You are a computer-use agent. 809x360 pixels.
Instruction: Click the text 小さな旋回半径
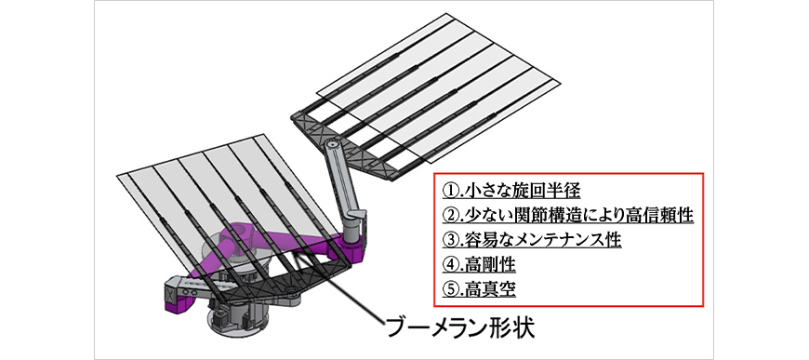click(x=522, y=191)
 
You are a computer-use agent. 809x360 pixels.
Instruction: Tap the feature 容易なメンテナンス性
click(x=542, y=240)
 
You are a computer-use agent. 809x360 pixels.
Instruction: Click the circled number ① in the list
click(x=450, y=191)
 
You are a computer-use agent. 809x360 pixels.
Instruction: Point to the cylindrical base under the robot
click(x=237, y=317)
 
